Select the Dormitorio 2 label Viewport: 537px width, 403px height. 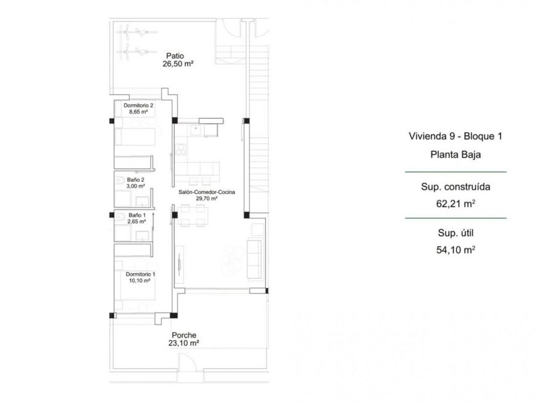pos(138,106)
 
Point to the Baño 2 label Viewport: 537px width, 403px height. pos(133,180)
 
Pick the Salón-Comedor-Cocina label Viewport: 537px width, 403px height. pos(206,193)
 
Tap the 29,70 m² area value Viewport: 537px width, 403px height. pos(206,199)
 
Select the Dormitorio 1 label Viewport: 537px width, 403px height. pos(140,274)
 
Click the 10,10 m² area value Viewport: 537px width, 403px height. pos(140,280)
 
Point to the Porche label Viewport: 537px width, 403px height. pos(184,334)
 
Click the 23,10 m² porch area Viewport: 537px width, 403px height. pos(184,343)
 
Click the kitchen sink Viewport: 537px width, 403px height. pos(194,130)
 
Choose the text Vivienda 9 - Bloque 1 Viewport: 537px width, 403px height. pos(455,137)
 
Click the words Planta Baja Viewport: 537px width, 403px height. pos(455,155)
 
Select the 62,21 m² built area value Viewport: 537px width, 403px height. pos(455,201)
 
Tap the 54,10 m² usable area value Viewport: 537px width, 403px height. pos(455,250)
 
